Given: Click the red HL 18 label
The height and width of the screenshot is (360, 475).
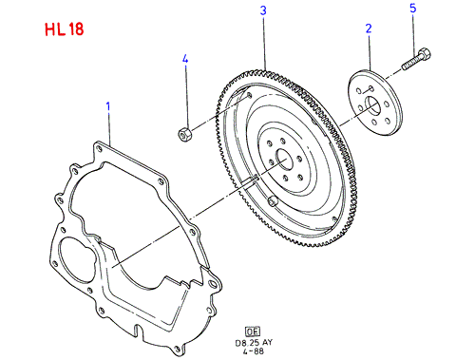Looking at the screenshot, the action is tap(65, 29).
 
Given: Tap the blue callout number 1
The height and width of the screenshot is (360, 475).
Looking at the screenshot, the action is tap(108, 106).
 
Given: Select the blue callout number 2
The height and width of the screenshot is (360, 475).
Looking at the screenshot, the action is tap(369, 28).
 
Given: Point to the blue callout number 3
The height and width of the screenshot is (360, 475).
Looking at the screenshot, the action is tap(263, 10).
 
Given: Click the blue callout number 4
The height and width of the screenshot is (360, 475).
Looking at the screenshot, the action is tap(185, 59).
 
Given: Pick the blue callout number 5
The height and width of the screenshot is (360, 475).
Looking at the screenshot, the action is tap(413, 9).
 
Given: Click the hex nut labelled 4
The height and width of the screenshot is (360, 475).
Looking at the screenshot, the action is tap(184, 134).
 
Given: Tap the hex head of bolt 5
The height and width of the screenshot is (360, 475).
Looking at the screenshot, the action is tap(425, 54).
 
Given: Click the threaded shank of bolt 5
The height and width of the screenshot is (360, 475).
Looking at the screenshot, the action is tap(411, 63).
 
